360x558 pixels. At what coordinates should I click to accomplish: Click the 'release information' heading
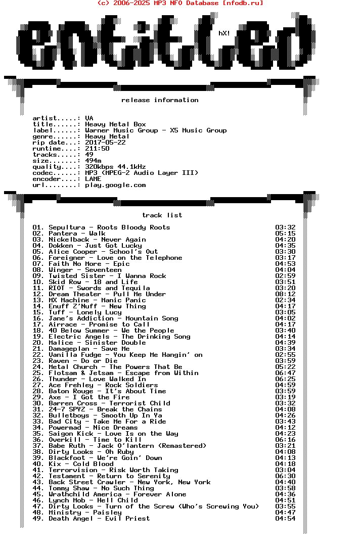(x=160, y=100)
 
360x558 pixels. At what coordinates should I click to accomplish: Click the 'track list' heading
(x=162, y=215)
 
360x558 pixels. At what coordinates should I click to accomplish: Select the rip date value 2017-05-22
(x=105, y=143)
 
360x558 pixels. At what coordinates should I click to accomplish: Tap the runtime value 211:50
(x=97, y=149)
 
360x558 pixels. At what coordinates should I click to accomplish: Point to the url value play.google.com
(x=115, y=185)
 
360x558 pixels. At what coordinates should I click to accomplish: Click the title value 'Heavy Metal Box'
(x=115, y=124)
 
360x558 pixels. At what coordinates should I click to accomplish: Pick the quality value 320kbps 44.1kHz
(x=115, y=167)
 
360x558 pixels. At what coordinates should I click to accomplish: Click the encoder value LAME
(x=93, y=179)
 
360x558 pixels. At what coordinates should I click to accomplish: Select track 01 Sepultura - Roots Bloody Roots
(x=101, y=227)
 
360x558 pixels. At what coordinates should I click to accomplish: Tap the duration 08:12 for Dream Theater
(x=285, y=294)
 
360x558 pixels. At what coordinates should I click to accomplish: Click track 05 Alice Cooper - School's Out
(x=95, y=252)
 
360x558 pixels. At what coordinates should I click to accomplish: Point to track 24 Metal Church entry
(x=107, y=367)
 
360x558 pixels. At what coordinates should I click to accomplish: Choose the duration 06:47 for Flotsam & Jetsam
(x=285, y=373)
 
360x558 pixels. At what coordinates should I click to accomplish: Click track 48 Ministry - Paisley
(x=77, y=513)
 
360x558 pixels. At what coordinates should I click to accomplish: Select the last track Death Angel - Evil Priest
(x=91, y=519)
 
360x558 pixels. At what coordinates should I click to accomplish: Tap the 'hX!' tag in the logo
(x=224, y=33)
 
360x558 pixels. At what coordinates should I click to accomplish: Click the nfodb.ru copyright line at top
(x=180, y=3)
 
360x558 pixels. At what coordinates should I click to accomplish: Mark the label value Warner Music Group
(x=156, y=130)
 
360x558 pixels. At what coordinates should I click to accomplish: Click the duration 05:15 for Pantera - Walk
(x=285, y=234)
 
